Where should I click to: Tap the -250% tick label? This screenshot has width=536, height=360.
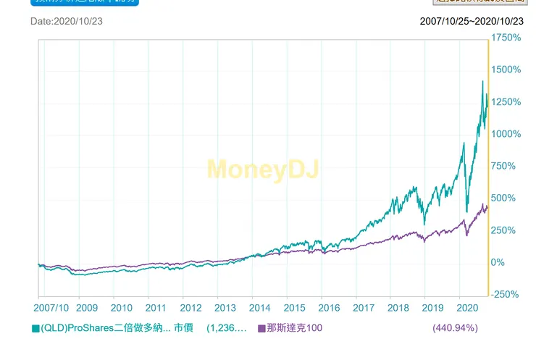coord(506,294)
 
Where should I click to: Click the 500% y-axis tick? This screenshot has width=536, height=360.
coord(506,198)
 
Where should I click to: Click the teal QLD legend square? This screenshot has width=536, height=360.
coord(35,328)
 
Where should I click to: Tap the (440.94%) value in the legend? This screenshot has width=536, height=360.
coord(455,328)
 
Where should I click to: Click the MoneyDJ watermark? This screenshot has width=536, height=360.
coord(263,169)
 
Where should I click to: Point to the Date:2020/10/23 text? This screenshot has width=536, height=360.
coord(67,21)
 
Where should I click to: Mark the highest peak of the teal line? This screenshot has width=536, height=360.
coord(482,82)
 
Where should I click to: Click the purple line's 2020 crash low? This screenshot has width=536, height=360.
coord(466,235)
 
